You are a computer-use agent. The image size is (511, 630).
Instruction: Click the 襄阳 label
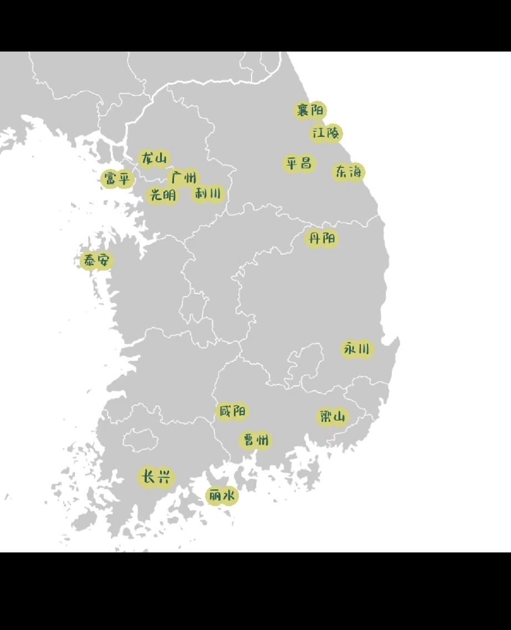pyautogui.click(x=310, y=111)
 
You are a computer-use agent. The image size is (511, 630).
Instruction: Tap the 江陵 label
pyautogui.click(x=325, y=134)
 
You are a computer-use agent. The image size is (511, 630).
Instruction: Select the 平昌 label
pyautogui.click(x=299, y=163)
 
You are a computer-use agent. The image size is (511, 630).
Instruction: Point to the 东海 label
pyautogui.click(x=348, y=172)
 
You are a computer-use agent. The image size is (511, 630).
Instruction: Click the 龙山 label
pyautogui.click(x=154, y=159)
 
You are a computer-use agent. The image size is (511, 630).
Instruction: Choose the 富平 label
pyautogui.click(x=117, y=179)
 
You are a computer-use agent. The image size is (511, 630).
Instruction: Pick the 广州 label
pyautogui.click(x=183, y=178)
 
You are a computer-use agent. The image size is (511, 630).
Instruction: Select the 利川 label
pyautogui.click(x=208, y=194)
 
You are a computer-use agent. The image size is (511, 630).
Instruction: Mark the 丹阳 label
pyautogui.click(x=322, y=239)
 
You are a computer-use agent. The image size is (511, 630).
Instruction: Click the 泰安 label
pyautogui.click(x=97, y=260)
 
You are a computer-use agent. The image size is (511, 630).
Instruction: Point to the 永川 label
pyautogui.click(x=356, y=349)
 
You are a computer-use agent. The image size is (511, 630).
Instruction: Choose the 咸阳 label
pyautogui.click(x=232, y=412)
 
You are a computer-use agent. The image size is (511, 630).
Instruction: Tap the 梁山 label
pyautogui.click(x=333, y=417)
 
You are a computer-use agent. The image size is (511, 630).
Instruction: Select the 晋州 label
pyautogui.click(x=256, y=441)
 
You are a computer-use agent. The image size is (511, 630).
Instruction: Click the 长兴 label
pyautogui.click(x=156, y=477)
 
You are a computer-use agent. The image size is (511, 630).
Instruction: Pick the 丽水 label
pyautogui.click(x=222, y=496)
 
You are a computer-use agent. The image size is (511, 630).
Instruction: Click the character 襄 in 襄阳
pyautogui.click(x=303, y=111)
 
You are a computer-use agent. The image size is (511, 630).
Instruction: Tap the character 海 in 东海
pyautogui.click(x=355, y=172)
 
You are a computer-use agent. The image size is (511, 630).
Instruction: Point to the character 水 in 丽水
pyautogui.click(x=228, y=496)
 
